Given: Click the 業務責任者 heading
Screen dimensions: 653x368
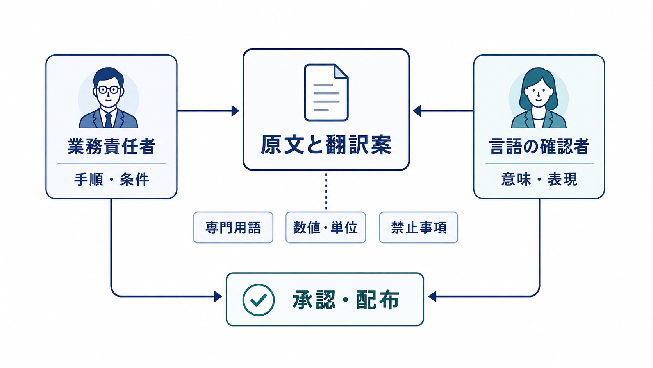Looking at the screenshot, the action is tap(111, 146).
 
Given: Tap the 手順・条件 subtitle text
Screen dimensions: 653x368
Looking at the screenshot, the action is tap(111, 179).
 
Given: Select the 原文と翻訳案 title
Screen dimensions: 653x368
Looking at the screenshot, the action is tap(326, 144).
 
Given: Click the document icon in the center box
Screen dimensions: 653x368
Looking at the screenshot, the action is tap(326, 92).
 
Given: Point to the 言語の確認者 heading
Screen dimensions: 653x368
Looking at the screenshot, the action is tap(539, 146).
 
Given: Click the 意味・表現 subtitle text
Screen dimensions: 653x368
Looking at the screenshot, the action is tap(539, 179).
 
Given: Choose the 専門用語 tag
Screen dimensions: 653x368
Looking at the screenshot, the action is tap(233, 228).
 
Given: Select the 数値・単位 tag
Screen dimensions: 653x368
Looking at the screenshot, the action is tap(326, 228).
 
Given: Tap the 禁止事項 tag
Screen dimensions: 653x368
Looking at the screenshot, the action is tap(418, 228).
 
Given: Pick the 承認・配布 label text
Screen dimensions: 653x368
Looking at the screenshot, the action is tap(346, 300).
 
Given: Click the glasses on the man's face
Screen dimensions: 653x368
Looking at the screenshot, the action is tap(108, 90).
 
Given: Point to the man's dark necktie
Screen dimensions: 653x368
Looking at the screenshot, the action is tap(108, 120).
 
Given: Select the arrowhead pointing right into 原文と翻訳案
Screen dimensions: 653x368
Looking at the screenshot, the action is tap(235, 111).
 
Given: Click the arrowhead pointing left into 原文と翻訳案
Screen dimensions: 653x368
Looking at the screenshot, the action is tap(417, 111).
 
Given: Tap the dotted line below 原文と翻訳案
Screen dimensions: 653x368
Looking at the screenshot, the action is tap(326, 192).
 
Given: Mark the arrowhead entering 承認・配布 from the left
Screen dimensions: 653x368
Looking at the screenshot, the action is tap(218, 296).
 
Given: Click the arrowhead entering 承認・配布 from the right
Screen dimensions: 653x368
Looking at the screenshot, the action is tap(432, 296).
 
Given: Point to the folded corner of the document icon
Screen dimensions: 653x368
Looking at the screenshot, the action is tap(341, 71).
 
